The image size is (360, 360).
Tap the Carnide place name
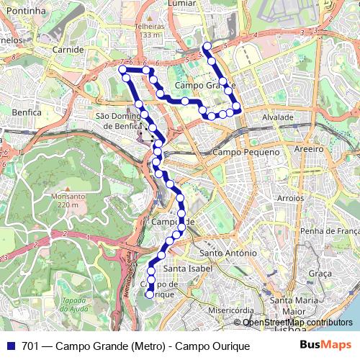[x=69, y=50]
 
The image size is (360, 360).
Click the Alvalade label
[x=277, y=117]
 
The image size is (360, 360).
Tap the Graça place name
[x=319, y=274]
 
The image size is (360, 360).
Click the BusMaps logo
[x=325, y=346]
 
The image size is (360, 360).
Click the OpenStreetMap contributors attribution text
[x=297, y=323]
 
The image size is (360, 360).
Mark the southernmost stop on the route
[x=150, y=294]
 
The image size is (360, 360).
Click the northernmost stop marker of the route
[x=207, y=47]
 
